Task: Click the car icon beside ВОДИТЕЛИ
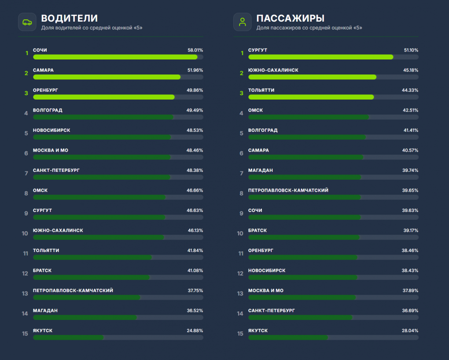[27, 22]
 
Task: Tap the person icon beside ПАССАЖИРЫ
[242, 22]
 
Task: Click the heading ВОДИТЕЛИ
[69, 18]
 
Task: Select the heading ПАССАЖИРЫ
[290, 18]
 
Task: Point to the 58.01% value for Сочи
[195, 50]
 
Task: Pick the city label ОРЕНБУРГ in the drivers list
[45, 90]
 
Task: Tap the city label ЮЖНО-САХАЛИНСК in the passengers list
[273, 70]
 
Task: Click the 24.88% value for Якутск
[195, 330]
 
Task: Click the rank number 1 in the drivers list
[27, 53]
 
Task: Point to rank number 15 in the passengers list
[240, 334]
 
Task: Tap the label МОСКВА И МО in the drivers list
[51, 150]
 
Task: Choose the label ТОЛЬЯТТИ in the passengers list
[261, 90]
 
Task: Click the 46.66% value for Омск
[195, 190]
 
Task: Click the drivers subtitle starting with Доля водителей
[92, 28]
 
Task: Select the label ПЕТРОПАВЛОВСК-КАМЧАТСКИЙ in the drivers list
[73, 290]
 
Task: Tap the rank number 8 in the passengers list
[242, 193]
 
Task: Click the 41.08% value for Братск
[195, 271]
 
